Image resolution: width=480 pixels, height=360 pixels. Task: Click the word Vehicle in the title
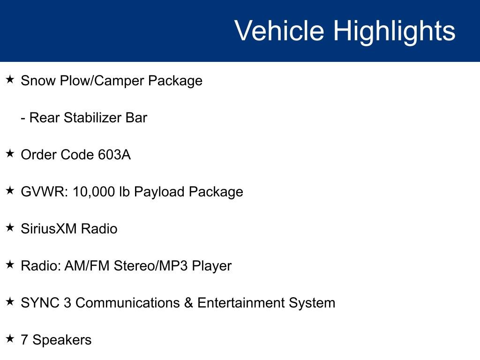pos(279,31)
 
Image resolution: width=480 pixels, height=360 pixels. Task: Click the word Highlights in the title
pos(394,31)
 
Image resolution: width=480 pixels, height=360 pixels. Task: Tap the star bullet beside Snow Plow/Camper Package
pos(10,80)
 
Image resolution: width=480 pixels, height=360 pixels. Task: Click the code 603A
pos(114,155)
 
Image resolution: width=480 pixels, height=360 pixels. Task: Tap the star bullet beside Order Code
pos(10,154)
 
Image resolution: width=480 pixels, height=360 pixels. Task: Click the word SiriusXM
pos(49,229)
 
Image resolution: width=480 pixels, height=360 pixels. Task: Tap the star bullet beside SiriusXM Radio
pos(10,228)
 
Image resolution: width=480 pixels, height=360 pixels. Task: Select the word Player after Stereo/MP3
pos(212,266)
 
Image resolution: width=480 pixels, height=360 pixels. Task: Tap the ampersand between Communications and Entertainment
pos(188,303)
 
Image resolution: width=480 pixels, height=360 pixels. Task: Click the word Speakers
pos(62,340)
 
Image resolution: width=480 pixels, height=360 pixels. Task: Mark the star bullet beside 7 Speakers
pos(10,339)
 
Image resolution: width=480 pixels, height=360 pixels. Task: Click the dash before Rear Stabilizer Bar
pos(23,118)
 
